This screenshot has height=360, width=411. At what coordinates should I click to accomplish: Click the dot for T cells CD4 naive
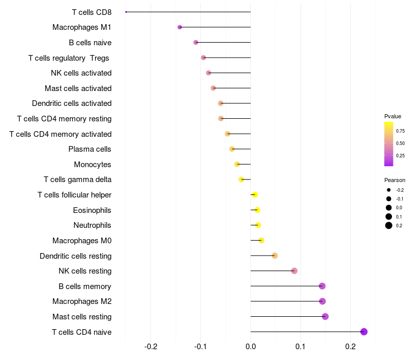click(364, 332)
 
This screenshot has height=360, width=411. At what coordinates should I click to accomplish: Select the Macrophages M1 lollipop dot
click(180, 27)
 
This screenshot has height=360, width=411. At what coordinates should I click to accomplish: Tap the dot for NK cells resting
click(294, 271)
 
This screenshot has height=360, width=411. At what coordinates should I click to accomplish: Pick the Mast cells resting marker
click(325, 316)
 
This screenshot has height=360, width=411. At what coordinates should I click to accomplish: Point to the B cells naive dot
click(196, 42)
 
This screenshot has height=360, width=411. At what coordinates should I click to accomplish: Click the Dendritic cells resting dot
click(275, 256)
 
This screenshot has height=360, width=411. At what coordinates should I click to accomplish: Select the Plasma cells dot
click(232, 149)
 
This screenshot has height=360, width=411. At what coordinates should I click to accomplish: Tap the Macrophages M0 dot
click(261, 240)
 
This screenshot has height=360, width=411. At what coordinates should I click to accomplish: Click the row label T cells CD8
click(92, 12)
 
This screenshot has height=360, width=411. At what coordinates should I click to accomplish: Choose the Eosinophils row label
click(92, 210)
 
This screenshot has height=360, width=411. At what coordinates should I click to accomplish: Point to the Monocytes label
click(92, 165)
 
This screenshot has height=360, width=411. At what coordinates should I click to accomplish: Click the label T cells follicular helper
click(74, 195)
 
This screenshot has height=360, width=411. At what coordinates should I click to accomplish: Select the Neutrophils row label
click(92, 225)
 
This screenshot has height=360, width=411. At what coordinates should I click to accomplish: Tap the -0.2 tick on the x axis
click(151, 347)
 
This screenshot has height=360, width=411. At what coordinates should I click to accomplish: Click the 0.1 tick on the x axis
click(301, 347)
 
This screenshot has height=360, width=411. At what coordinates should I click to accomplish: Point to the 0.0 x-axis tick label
click(251, 347)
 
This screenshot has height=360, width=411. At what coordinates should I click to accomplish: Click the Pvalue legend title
click(393, 116)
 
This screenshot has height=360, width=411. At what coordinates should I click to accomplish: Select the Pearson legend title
click(395, 180)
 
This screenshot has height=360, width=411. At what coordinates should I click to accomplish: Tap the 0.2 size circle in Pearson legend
click(389, 225)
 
